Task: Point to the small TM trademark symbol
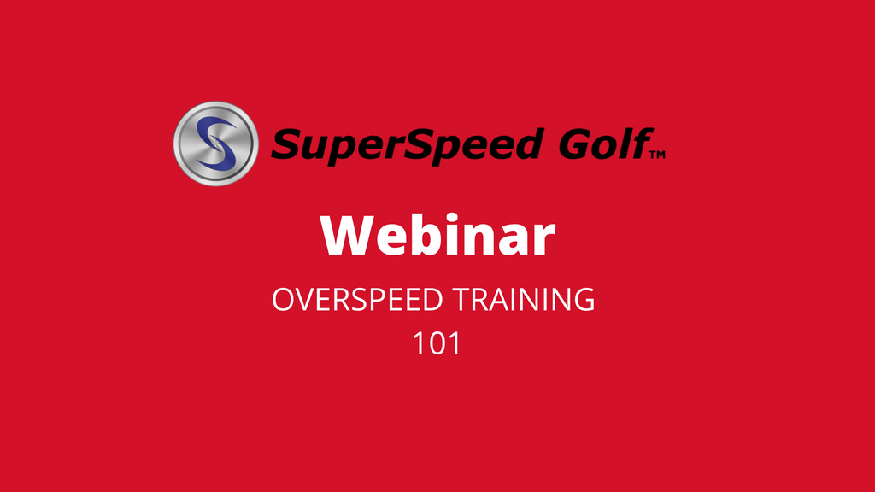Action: point(657,155)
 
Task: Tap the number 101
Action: point(437,343)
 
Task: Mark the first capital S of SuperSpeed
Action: point(286,143)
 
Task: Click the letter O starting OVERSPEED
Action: point(283,301)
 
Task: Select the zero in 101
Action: point(437,343)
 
